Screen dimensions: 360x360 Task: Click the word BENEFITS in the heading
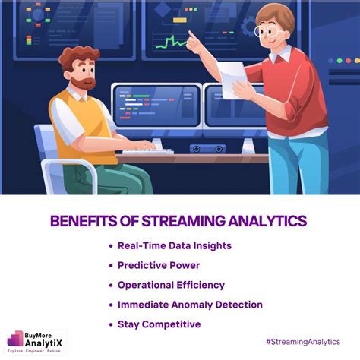[83, 221]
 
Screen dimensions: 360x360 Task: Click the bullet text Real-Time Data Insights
[174, 245]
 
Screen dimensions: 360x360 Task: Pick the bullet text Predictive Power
[159, 265]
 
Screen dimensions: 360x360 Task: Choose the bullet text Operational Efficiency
[171, 285]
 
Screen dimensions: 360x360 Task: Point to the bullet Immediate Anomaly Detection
[190, 305]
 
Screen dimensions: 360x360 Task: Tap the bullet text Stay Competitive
[159, 324]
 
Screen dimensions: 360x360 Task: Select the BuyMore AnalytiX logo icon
[16, 339]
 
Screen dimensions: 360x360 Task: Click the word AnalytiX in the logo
[45, 343]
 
